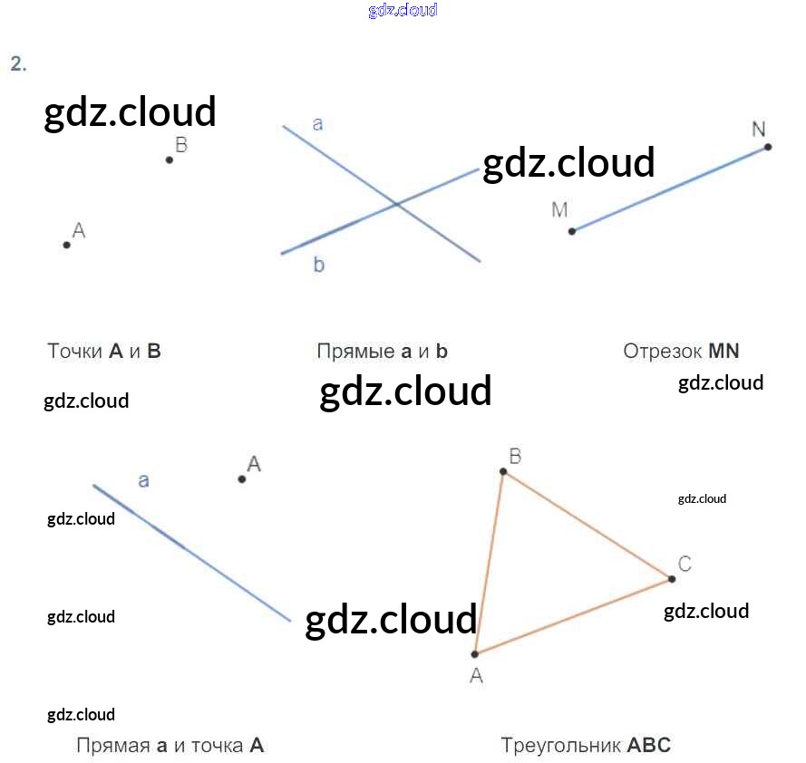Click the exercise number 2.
pyautogui.click(x=18, y=63)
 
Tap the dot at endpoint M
pyautogui.click(x=571, y=231)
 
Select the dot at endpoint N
pyautogui.click(x=767, y=147)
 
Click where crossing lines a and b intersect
pyautogui.click(x=396, y=205)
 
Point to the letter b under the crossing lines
pyautogui.click(x=319, y=265)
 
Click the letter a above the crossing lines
pyautogui.click(x=317, y=124)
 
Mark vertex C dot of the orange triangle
pyautogui.click(x=672, y=579)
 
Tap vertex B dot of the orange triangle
pyautogui.click(x=503, y=471)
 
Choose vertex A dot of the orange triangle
pyautogui.click(x=474, y=653)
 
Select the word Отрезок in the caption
pyautogui.click(x=662, y=351)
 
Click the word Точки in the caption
pyautogui.click(x=74, y=351)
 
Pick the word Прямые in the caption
pyautogui.click(x=354, y=351)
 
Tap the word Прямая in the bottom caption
pyautogui.click(x=112, y=746)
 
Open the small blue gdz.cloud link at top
pyautogui.click(x=403, y=10)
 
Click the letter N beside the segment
pyautogui.click(x=759, y=129)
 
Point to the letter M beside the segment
pyautogui.click(x=559, y=210)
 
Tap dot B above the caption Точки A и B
pyautogui.click(x=170, y=160)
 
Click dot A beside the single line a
pyautogui.click(x=242, y=478)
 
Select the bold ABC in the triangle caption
pyautogui.click(x=649, y=746)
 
